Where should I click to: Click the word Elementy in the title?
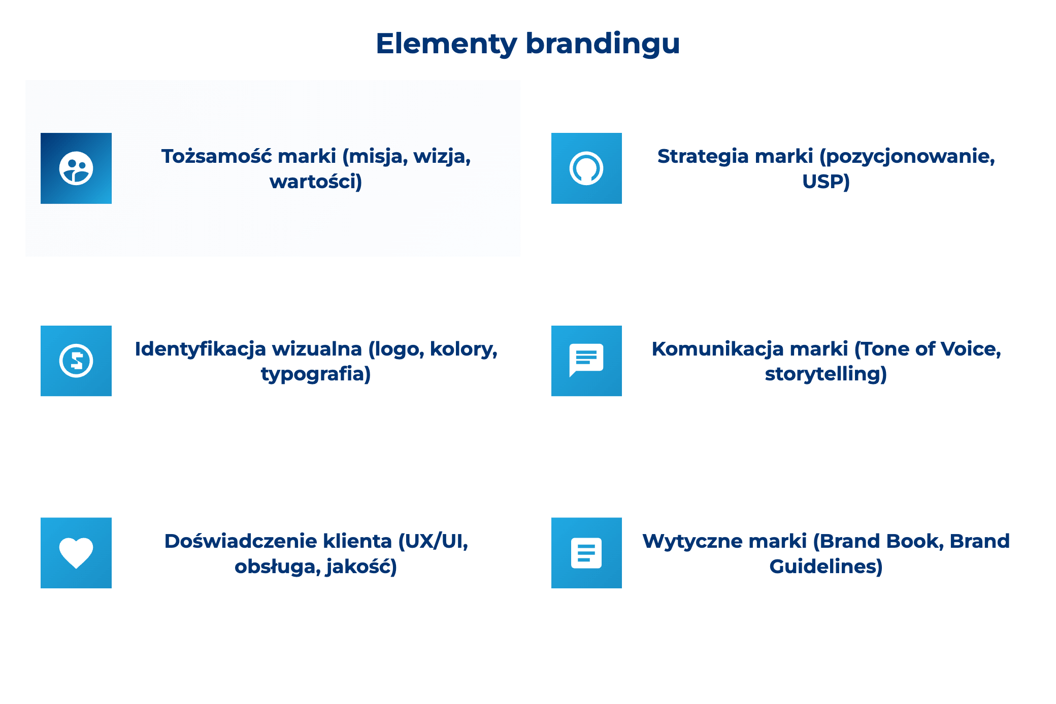pos(446,44)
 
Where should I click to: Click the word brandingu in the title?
pos(603,44)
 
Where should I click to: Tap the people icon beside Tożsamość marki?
pos(76,168)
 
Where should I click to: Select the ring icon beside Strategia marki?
pos(586,168)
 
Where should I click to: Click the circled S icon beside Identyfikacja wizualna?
pos(76,361)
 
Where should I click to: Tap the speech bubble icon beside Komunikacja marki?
pos(586,361)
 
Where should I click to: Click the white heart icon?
pos(76,553)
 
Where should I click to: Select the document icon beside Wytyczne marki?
pos(586,553)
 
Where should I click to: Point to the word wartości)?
pos(316,182)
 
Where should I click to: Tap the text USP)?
pos(826,182)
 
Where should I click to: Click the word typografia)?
pos(316,374)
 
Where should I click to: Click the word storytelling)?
pos(826,374)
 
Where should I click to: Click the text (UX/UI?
pos(433,541)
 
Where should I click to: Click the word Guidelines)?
pos(826,567)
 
